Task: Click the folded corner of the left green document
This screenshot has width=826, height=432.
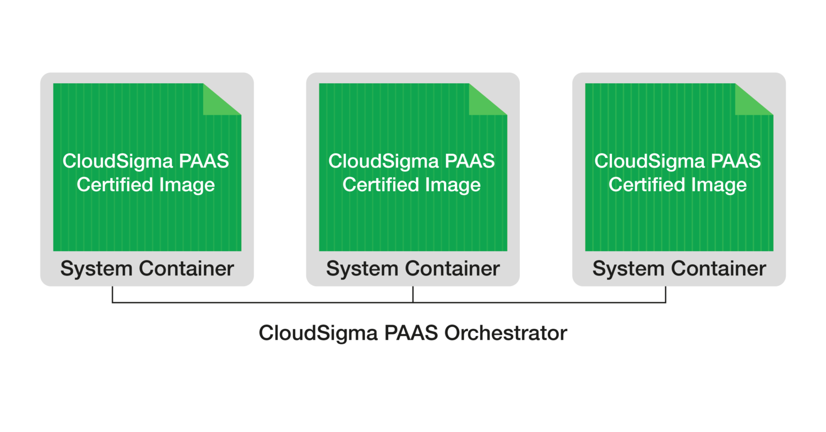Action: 219,101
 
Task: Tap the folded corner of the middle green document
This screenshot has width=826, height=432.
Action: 485,101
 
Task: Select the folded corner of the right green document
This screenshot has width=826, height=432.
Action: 751,101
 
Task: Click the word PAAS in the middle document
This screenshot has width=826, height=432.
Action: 469,161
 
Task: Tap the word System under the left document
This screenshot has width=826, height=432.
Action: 96,269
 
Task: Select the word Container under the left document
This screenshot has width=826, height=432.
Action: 186,269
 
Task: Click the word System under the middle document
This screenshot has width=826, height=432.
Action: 362,269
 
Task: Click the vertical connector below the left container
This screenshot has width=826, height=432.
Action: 112,295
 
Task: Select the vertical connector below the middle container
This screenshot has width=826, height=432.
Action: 413,295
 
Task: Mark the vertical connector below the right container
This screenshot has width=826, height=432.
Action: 666,295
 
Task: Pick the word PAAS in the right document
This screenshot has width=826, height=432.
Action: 735,161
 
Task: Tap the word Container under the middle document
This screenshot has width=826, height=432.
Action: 452,269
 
